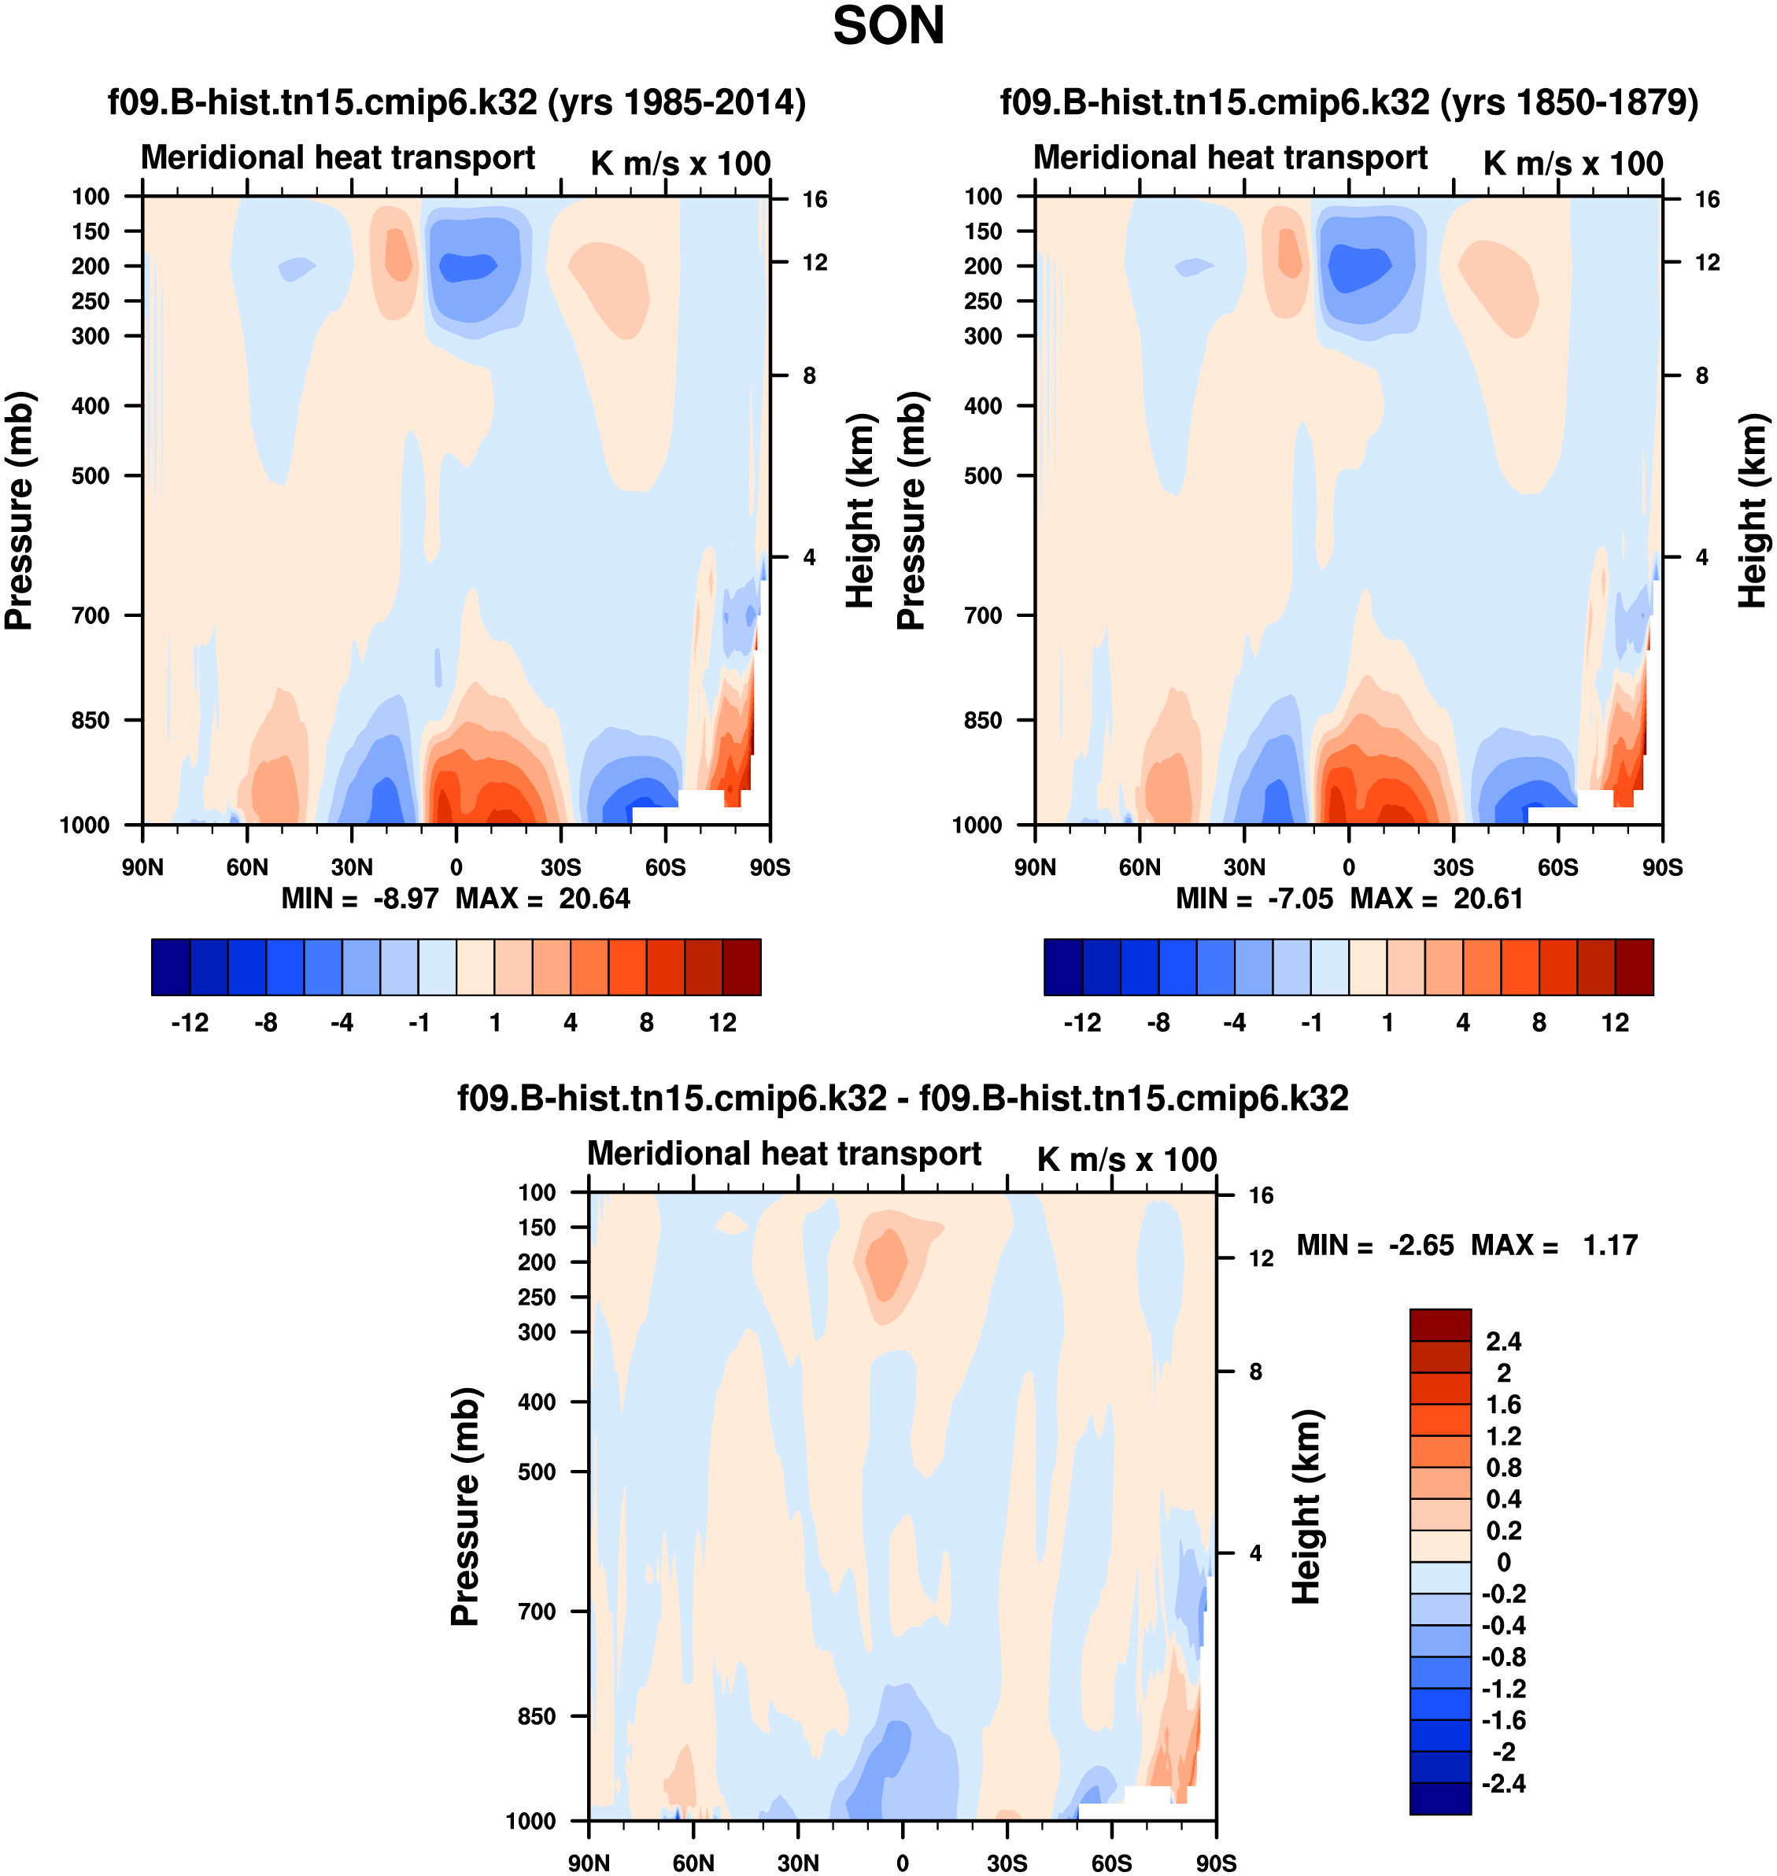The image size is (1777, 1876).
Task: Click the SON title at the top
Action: click(888, 27)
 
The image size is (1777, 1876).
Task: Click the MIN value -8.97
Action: click(405, 899)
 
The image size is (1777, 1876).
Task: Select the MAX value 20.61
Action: click(1488, 899)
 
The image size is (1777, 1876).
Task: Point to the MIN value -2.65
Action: click(1420, 1246)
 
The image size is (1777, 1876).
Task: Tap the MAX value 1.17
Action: click(1610, 1246)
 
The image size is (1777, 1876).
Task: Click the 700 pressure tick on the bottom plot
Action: click(537, 1612)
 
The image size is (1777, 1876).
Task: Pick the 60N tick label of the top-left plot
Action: click(247, 867)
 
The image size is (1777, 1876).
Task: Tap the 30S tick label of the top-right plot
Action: click(1453, 867)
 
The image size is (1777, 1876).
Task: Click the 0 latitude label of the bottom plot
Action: click(903, 1863)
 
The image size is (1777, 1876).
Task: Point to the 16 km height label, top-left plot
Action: click(815, 200)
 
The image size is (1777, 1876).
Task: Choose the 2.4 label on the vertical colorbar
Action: click(1504, 1342)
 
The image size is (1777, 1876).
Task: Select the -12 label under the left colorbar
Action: click(190, 1023)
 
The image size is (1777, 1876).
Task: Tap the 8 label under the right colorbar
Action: click(1539, 1023)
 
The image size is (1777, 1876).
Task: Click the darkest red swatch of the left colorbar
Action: click(741, 967)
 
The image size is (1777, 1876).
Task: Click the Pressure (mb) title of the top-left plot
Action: click(19, 511)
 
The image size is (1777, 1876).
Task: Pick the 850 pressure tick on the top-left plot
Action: click(91, 721)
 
